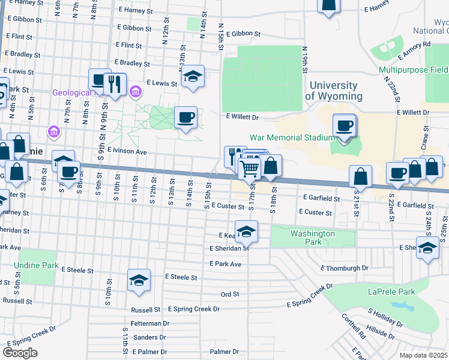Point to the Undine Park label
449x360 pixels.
pyautogui.click(x=37, y=265)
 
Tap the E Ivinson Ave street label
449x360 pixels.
pyautogui.click(x=127, y=152)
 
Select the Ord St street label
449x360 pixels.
pyautogui.click(x=230, y=294)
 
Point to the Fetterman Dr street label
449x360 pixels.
pyautogui.click(x=150, y=323)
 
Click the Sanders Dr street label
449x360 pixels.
pyautogui.click(x=145, y=337)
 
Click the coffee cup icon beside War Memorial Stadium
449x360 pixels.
pyautogui.click(x=345, y=126)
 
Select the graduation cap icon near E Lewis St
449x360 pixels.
pyautogui.click(x=193, y=76)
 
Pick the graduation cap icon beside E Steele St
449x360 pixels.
pyautogui.click(x=139, y=280)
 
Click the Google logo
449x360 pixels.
pyautogui.click(x=20, y=352)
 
